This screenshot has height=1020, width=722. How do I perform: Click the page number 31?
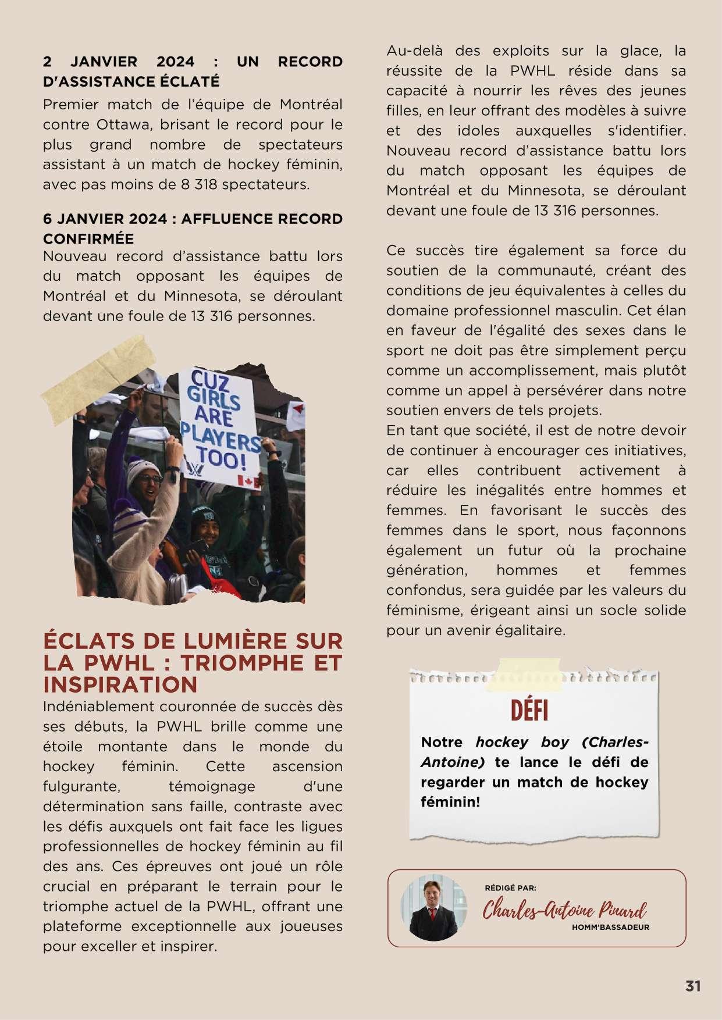pyautogui.click(x=692, y=986)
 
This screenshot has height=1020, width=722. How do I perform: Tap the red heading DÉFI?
pyautogui.click(x=529, y=710)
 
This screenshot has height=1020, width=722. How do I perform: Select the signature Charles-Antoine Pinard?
pyautogui.click(x=564, y=910)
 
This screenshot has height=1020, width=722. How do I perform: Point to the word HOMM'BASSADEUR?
pyautogui.click(x=610, y=927)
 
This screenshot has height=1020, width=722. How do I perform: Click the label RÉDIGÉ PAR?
pyautogui.click(x=510, y=888)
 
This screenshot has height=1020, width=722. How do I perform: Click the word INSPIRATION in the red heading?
pyautogui.click(x=120, y=684)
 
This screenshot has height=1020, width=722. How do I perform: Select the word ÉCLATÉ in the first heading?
pyautogui.click(x=193, y=81)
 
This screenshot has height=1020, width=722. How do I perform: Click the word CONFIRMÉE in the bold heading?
pyautogui.click(x=88, y=238)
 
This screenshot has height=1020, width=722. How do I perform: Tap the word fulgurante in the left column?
pyautogui.click(x=81, y=786)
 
